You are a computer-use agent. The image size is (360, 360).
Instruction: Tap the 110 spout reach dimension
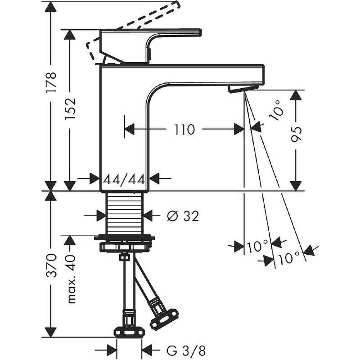coord(185,130)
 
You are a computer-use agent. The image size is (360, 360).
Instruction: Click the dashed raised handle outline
coord(135,22)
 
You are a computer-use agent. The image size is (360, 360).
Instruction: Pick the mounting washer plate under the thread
coord(125,238)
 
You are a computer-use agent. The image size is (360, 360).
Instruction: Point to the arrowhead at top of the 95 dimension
coord(296,95)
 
